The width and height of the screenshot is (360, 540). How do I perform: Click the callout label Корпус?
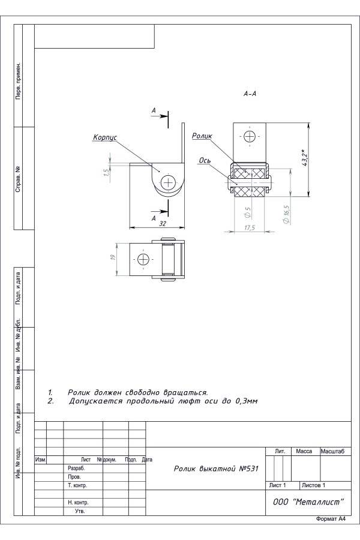[x=105, y=137]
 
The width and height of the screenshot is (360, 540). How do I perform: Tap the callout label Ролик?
[x=202, y=136]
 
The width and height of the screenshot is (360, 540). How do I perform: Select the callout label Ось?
[x=205, y=160]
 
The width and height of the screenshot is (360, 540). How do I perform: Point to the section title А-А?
[x=250, y=94]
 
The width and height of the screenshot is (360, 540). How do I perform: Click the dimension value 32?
[x=163, y=224]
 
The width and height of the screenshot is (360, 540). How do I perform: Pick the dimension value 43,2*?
[x=305, y=158]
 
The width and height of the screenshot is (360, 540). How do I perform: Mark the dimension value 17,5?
[x=250, y=227]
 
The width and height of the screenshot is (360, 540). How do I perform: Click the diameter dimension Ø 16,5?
[x=286, y=214]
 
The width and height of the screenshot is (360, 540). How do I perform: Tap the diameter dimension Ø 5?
[x=247, y=212]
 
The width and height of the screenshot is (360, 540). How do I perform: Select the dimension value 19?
[x=113, y=257]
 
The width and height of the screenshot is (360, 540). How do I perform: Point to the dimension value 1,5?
[x=107, y=171]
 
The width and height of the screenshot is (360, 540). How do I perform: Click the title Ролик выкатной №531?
[x=216, y=469]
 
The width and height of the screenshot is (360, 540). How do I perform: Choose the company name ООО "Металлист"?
[x=308, y=502]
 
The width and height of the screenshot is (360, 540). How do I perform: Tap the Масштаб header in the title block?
[x=332, y=451]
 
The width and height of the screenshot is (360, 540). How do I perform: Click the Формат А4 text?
[x=331, y=519]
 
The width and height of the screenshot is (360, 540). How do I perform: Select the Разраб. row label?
[x=76, y=469]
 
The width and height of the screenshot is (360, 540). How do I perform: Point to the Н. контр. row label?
[x=78, y=502]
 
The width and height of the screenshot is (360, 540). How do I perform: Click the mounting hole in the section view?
[x=249, y=137]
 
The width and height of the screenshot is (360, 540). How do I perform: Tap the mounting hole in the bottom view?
[x=143, y=259]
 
